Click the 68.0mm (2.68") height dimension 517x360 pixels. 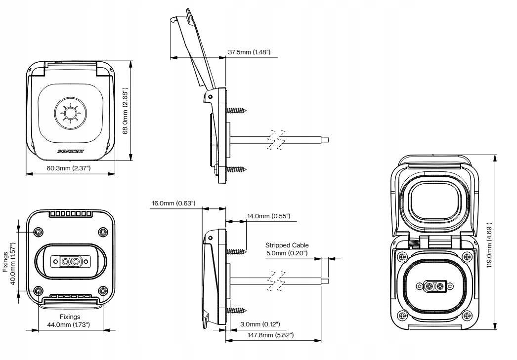125,111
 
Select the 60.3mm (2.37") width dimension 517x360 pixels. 69,168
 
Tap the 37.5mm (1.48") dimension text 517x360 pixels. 249,52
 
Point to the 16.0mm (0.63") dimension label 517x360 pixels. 173,203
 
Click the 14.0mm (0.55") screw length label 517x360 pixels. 269,216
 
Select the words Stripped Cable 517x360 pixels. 287,245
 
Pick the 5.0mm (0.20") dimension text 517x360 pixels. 287,253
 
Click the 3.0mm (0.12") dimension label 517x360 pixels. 260,324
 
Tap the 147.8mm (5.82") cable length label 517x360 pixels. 271,335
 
